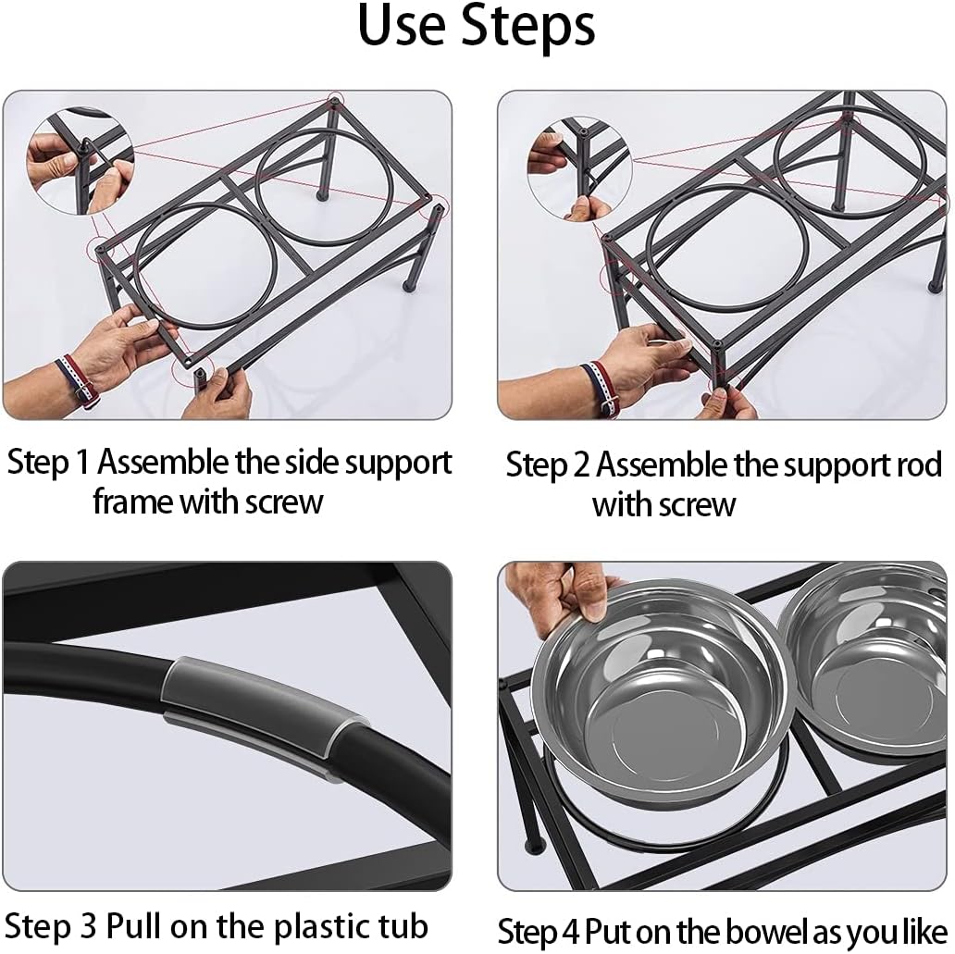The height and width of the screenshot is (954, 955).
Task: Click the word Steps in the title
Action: (x=528, y=25)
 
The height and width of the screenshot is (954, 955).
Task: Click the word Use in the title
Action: (x=402, y=25)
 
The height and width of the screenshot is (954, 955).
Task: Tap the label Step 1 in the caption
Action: (x=48, y=463)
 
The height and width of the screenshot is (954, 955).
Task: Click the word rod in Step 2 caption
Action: (x=917, y=465)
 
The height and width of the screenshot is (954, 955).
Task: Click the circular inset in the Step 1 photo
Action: (x=81, y=161)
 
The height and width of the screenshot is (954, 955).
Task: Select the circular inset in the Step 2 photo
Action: (x=580, y=168)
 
